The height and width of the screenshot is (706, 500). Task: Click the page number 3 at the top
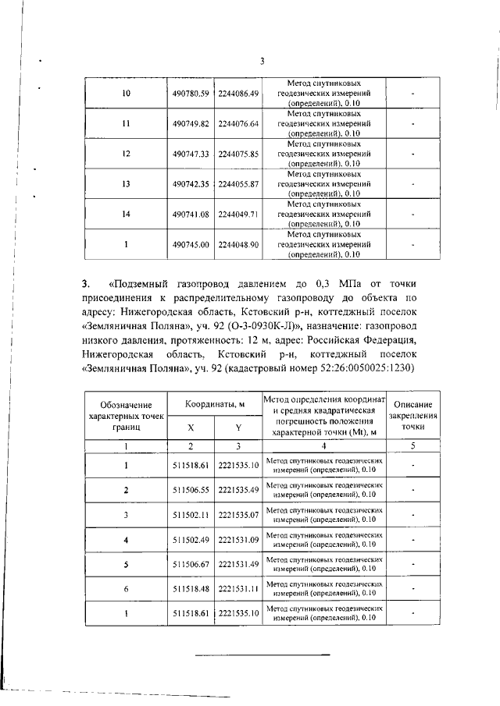click(x=263, y=62)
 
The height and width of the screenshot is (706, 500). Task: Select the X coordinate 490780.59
click(x=191, y=94)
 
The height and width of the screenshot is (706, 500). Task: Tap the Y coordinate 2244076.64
click(x=238, y=124)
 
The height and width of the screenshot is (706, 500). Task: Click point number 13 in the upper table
click(x=127, y=184)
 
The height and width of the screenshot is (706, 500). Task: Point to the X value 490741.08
click(x=191, y=214)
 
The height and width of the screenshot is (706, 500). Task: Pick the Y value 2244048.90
click(x=238, y=244)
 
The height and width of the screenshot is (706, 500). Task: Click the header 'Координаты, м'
click(x=215, y=404)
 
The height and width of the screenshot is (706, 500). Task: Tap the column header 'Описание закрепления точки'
click(x=414, y=416)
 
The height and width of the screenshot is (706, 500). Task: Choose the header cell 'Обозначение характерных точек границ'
click(x=126, y=416)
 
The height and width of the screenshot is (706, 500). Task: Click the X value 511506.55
click(x=191, y=490)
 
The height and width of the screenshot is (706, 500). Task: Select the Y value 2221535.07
click(x=238, y=515)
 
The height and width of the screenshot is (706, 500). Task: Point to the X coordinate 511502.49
click(x=191, y=540)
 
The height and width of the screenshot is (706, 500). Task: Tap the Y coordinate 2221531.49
click(x=238, y=564)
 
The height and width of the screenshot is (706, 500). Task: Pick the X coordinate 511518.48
click(x=191, y=589)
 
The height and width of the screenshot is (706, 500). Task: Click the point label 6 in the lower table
click(x=126, y=589)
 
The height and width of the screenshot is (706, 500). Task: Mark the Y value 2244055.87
click(x=238, y=184)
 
